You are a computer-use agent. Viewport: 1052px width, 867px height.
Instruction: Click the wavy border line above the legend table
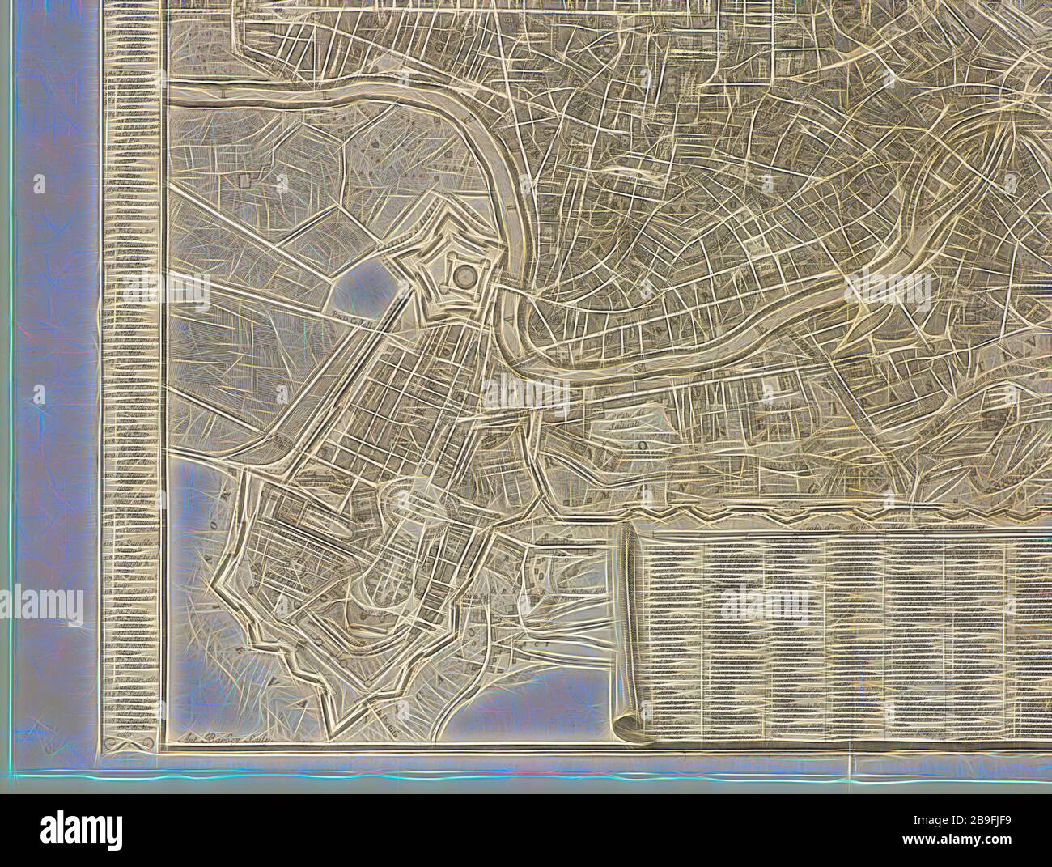click(809, 512)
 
